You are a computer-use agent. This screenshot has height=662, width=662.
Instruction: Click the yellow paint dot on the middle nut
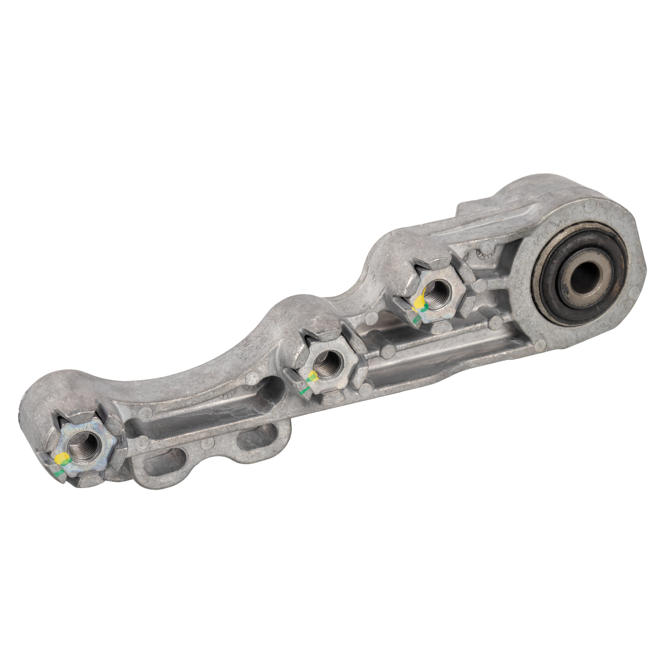tap(312, 376)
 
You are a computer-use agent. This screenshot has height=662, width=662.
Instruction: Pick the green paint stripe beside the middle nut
tap(302, 390)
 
